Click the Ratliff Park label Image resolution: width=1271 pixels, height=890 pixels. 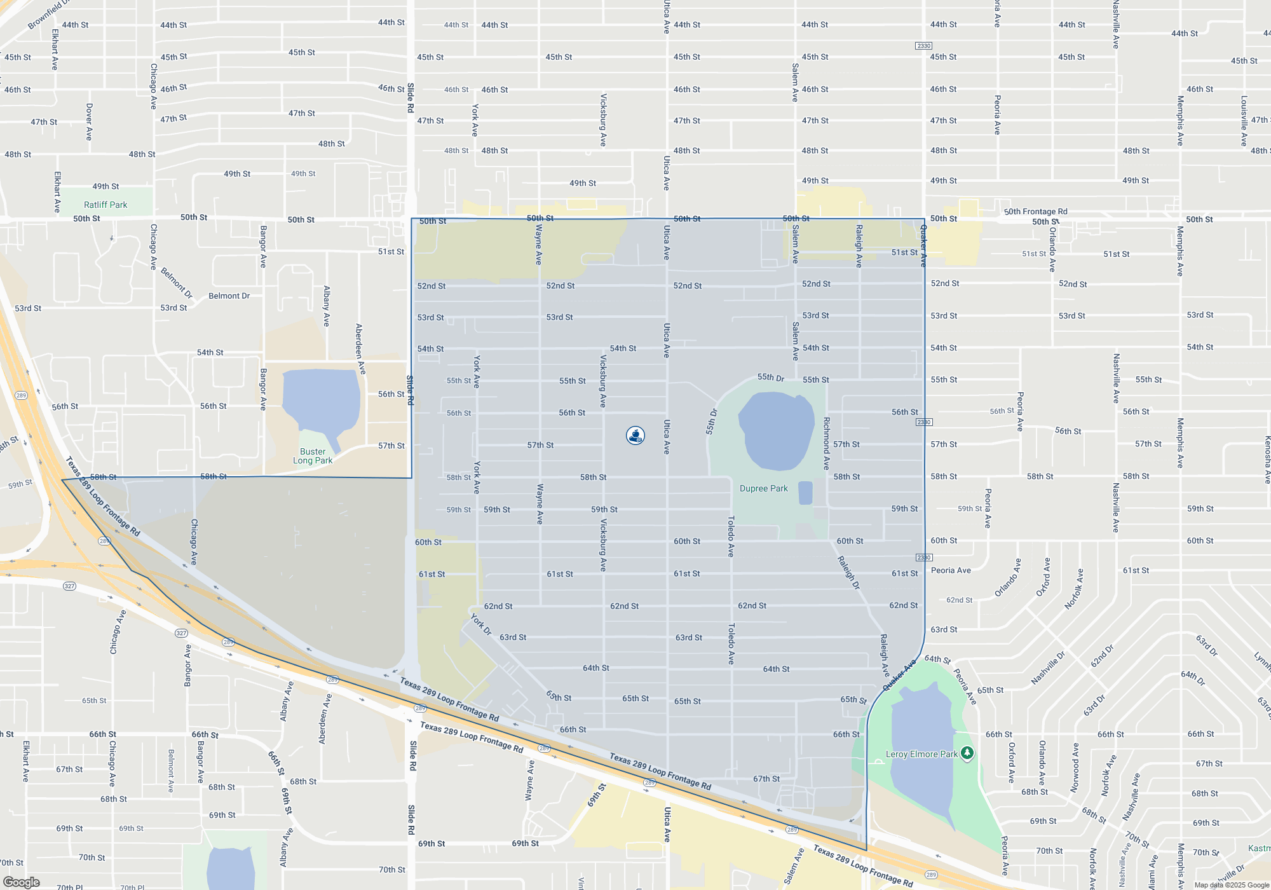pos(105,205)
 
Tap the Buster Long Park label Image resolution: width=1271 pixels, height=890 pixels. pos(313,456)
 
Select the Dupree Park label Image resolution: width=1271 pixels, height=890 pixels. pos(763,488)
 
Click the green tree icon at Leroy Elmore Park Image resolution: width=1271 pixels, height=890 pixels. pos(967,753)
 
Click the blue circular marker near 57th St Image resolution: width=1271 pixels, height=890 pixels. pos(635,435)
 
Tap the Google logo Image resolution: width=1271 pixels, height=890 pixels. pos(21,882)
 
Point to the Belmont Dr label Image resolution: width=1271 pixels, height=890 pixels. pos(229,296)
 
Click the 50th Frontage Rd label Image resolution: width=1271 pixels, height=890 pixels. pos(1035,212)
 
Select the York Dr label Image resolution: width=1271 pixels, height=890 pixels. pos(481,624)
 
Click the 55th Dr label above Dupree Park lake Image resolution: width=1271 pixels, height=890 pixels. pos(771,378)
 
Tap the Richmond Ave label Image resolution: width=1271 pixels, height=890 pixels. pos(826,443)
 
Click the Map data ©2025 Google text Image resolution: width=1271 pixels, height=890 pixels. pos(1231,885)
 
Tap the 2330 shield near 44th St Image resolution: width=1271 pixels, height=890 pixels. pos(923,46)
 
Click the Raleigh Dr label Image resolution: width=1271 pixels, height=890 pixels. pos(848,572)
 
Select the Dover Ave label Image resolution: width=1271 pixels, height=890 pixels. pos(89,121)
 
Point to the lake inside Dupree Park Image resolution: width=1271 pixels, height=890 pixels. pos(777,429)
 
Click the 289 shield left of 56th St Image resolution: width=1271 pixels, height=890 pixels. pos(21,395)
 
